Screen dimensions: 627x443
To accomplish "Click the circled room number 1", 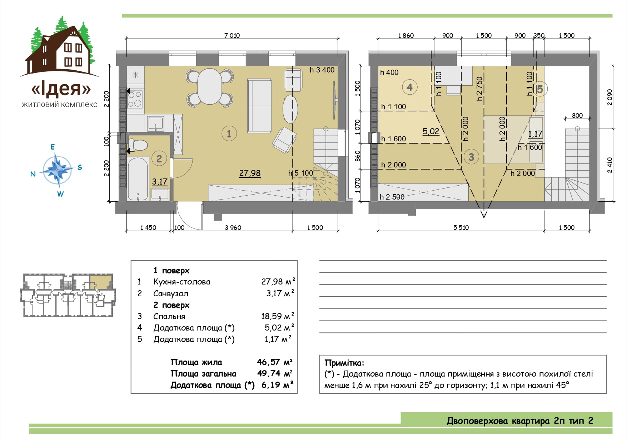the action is [x=229, y=134].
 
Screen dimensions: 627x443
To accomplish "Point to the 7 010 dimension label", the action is [x=232, y=35].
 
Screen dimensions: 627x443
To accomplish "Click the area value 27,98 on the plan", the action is [x=250, y=173].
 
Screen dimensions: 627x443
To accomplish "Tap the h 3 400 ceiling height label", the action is [x=322, y=70].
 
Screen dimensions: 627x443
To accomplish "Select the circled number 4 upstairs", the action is [x=409, y=87].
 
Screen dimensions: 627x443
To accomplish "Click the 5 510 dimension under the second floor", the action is [x=461, y=227].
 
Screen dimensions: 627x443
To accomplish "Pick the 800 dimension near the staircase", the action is [x=577, y=115].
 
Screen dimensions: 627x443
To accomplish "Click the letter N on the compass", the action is [x=33, y=174].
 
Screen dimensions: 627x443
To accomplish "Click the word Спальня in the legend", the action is [x=169, y=316].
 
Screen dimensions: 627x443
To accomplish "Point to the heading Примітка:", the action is [x=344, y=363].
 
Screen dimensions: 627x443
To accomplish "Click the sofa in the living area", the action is [x=259, y=106].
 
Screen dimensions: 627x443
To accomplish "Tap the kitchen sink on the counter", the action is [x=155, y=123].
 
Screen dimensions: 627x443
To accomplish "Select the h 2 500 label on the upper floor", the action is [x=392, y=197].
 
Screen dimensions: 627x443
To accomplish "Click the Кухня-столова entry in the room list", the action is [x=182, y=282].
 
